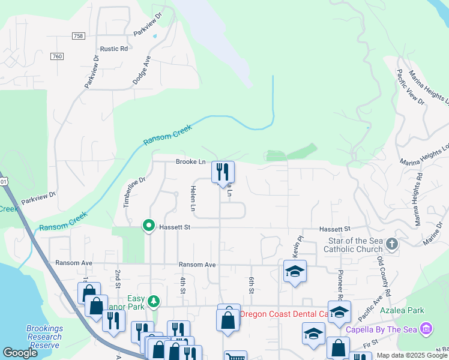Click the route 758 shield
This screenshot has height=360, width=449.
pos(78,36)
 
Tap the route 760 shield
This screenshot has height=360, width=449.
pos(58,56)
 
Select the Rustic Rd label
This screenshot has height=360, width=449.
pos(115,49)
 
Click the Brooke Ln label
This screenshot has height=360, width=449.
pos(191,162)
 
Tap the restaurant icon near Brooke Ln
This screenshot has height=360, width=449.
pos(223,172)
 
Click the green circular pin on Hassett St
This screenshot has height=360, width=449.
pos(148,226)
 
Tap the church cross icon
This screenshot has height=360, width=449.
pos(392,244)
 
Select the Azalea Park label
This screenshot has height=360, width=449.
pos(402,310)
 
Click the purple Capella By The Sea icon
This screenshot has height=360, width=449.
pos(426,328)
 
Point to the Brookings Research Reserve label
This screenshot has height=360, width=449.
pos(45,337)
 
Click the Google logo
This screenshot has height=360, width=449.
pos(20,353)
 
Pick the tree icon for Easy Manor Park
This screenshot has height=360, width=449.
pos(154,300)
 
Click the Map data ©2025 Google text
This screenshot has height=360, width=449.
pos(411,355)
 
